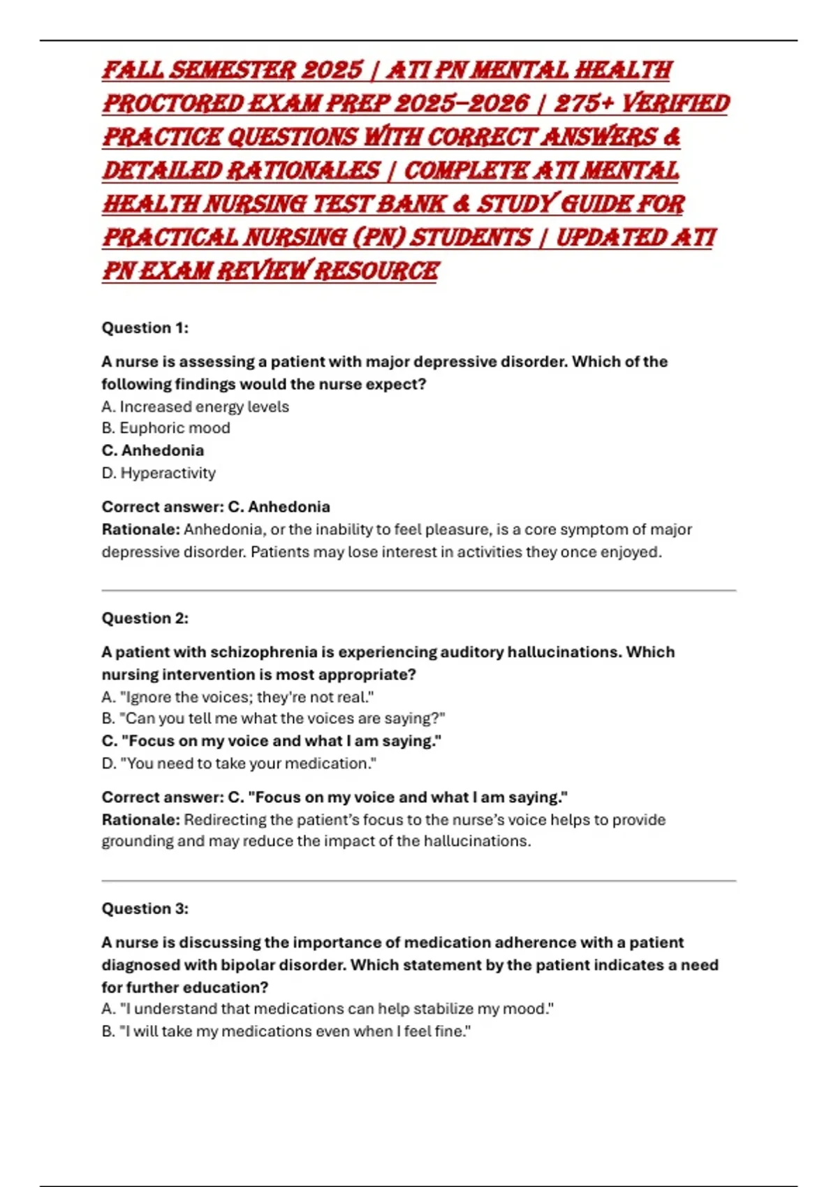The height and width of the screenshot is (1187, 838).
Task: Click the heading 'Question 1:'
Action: [145, 327]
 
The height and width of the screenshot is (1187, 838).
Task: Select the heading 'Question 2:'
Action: [145, 618]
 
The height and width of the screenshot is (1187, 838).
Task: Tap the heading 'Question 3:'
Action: [145, 908]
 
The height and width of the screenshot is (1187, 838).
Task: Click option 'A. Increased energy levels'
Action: [195, 406]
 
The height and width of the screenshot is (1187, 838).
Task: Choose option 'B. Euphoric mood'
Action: [166, 428]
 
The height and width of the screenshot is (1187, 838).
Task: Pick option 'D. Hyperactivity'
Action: [159, 473]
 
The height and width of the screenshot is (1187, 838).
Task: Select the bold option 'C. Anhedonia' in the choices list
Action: [153, 450]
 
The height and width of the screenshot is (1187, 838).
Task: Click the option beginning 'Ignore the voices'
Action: [237, 697]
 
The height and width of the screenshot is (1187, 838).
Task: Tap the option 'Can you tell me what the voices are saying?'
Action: [273, 718]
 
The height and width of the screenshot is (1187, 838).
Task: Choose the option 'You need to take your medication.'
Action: [239, 763]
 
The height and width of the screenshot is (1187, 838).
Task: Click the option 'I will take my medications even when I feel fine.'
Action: [286, 1031]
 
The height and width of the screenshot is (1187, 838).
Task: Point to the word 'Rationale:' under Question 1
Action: [140, 529]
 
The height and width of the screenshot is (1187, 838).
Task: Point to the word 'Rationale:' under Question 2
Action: [140, 820]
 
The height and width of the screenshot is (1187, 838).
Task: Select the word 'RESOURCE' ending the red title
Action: [376, 271]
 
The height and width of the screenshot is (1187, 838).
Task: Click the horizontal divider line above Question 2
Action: [419, 591]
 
